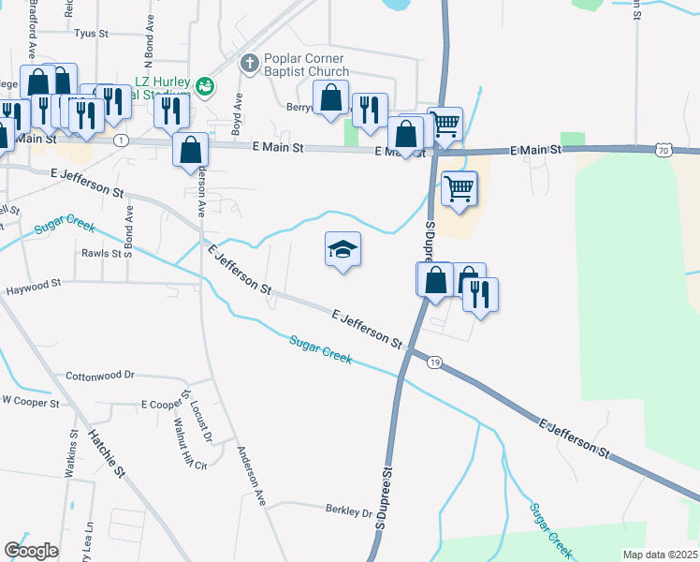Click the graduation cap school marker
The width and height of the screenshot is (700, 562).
pos(343,250)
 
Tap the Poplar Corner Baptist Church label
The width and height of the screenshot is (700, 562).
pos(306,65)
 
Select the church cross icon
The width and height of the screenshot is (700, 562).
pos(248,63)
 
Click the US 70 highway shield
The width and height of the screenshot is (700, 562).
pos(664,150)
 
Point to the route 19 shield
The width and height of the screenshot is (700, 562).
pos(433,362)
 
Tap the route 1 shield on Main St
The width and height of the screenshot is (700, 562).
pos(121,140)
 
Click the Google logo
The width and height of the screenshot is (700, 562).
pos(31,551)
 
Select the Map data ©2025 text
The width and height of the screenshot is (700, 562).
pos(660,555)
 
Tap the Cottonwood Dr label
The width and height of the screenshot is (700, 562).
pos(100,376)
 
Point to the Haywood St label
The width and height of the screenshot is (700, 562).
pos(33,282)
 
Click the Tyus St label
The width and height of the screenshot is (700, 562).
pos(92,33)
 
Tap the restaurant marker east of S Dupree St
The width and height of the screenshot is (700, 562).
pos(481,295)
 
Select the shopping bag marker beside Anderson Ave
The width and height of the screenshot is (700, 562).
pos(190,149)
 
